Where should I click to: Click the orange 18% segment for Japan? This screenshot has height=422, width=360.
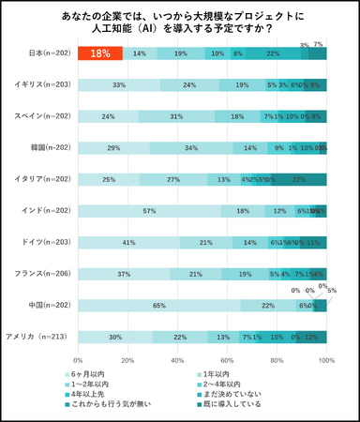point(100,54)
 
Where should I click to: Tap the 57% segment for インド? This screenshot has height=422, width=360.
point(148,211)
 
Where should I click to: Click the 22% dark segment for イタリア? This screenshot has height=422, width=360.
point(299,179)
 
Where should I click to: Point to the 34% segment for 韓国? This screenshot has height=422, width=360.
point(191,148)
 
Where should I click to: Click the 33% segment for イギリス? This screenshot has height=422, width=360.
point(118,85)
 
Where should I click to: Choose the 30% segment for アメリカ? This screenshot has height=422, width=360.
point(114,337)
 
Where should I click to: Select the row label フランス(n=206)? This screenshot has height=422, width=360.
point(35,274)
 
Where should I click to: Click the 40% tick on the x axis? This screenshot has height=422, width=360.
point(177,359)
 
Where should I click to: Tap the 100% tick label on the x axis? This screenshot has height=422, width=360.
point(326,359)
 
